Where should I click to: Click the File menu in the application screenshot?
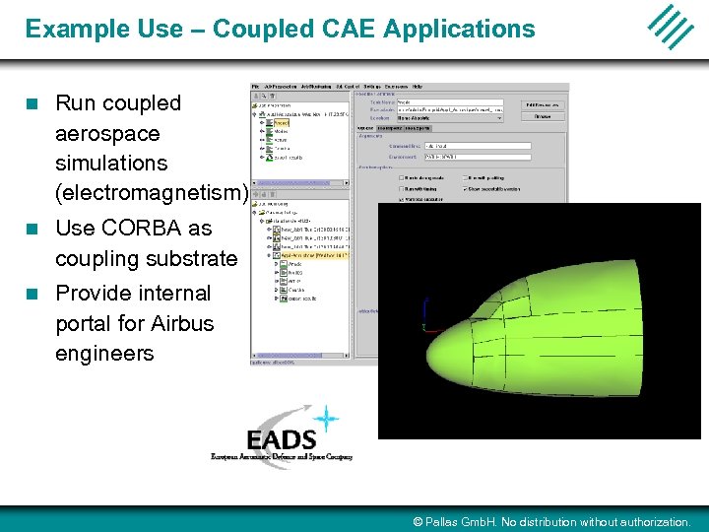(x=257, y=87)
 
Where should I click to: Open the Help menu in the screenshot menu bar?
(x=417, y=87)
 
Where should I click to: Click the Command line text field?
(x=477, y=146)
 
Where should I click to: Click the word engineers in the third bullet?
(x=104, y=354)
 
